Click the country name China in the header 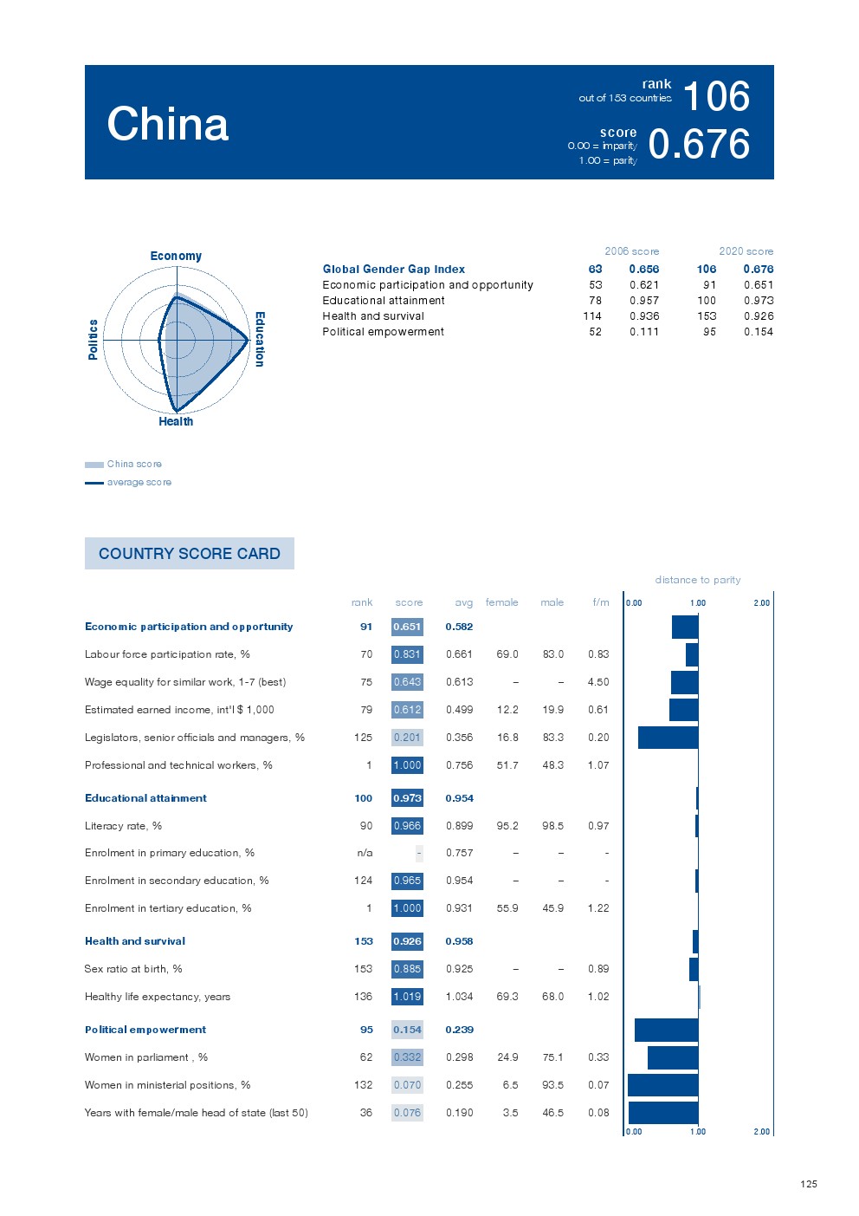click(168, 124)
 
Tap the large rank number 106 click(716, 96)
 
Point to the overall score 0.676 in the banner click(699, 145)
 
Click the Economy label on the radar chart click(176, 256)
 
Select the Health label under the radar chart click(176, 421)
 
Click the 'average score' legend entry click(139, 482)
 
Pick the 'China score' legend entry click(134, 464)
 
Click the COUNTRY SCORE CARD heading click(190, 554)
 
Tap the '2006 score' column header click(631, 251)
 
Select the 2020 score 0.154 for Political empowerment click(758, 332)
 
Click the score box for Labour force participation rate click(407, 654)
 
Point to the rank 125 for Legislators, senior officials click(363, 738)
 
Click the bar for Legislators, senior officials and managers click(668, 738)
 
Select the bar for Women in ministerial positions click(662, 1085)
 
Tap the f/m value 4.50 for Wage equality click(598, 682)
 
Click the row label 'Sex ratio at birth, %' click(133, 969)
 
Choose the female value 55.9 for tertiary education click(507, 908)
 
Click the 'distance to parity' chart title click(698, 580)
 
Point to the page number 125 click(809, 1184)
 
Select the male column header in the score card click(552, 602)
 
